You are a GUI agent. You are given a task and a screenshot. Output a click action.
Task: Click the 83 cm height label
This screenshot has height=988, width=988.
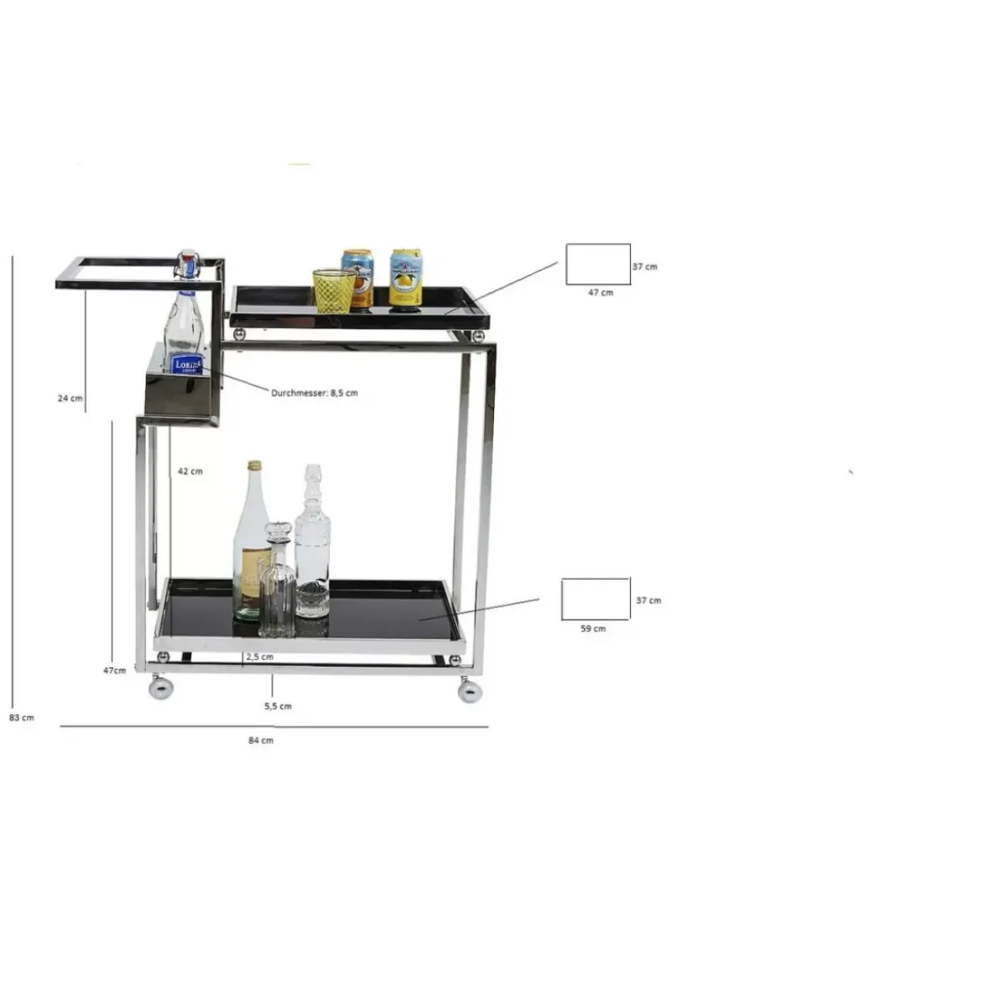pyautogui.click(x=22, y=718)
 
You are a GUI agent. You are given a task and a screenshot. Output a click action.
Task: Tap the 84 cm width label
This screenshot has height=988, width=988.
pyautogui.click(x=261, y=740)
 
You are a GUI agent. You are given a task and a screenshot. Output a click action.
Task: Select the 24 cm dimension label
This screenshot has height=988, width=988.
pyautogui.click(x=69, y=398)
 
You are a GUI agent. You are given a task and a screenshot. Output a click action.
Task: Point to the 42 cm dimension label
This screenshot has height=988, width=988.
pyautogui.click(x=190, y=471)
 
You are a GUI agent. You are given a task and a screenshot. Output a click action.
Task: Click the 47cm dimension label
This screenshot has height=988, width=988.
pyautogui.click(x=114, y=670)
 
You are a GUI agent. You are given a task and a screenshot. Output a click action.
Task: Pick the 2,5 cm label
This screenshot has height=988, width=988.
pyautogui.click(x=260, y=657)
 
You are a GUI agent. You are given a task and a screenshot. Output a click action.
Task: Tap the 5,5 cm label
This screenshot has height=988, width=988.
pyautogui.click(x=278, y=706)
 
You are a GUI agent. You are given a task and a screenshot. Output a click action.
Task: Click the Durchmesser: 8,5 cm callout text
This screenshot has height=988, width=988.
pyautogui.click(x=314, y=393)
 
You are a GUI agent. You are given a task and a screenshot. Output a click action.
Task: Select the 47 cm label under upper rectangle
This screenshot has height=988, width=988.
pyautogui.click(x=601, y=293)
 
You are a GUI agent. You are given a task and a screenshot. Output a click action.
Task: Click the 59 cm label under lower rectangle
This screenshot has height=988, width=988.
pyautogui.click(x=593, y=628)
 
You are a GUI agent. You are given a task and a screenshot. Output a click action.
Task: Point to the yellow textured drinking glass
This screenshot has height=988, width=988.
pyautogui.click(x=333, y=290)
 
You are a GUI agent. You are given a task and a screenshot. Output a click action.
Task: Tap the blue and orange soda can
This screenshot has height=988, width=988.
pyautogui.click(x=358, y=278)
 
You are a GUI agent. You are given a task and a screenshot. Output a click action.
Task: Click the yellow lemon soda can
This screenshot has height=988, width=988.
pyautogui.click(x=406, y=278)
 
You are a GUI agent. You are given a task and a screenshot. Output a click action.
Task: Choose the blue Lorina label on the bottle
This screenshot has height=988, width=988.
pyautogui.click(x=188, y=364)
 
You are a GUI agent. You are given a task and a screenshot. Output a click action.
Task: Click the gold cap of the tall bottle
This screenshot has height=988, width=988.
pyautogui.click(x=254, y=466)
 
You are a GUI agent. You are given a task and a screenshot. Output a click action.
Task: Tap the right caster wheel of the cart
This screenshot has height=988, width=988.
pyautogui.click(x=469, y=690)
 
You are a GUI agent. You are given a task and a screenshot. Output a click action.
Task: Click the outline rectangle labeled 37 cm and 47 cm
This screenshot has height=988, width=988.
pyautogui.click(x=598, y=264)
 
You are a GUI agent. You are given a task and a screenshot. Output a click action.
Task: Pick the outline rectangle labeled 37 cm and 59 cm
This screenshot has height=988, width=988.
pyautogui.click(x=596, y=599)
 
